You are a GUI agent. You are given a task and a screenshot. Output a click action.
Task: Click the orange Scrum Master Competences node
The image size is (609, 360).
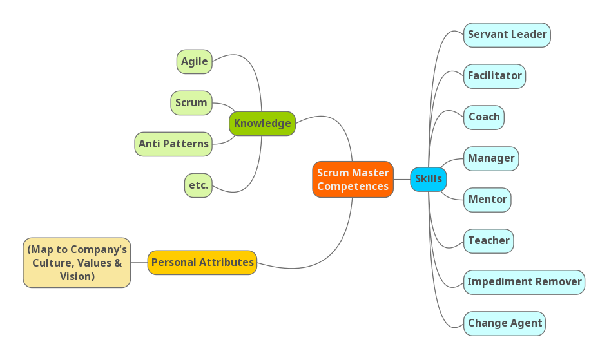(353, 179)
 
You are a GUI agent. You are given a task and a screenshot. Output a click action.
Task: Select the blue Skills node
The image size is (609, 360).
(429, 179)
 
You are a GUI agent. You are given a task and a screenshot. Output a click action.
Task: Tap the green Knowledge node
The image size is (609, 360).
(262, 124)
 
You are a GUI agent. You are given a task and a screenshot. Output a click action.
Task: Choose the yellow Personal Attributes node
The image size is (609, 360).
(202, 263)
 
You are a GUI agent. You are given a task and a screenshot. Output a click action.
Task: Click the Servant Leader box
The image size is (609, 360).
(507, 35)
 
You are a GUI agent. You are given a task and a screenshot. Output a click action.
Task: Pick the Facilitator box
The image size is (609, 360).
(494, 76)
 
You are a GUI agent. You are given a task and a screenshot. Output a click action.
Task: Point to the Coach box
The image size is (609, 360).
(484, 117)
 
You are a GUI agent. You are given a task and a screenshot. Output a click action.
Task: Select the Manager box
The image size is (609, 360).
(491, 158)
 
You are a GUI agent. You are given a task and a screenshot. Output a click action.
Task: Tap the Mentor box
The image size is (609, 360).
(487, 200)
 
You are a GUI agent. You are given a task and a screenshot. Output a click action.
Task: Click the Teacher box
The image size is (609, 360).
(488, 241)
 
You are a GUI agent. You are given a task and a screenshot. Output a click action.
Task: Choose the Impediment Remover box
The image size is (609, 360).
(524, 282)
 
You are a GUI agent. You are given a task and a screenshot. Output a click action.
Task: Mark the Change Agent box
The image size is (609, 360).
(505, 323)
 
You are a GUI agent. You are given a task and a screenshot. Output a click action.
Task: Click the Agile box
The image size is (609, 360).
(194, 62)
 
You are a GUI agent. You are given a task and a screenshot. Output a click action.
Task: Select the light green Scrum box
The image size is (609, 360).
(191, 103)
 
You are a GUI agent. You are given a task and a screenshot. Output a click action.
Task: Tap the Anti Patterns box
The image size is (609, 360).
(173, 144)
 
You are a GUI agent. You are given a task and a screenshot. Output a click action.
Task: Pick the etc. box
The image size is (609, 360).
(198, 185)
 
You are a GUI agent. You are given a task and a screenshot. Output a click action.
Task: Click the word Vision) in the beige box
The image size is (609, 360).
(77, 276)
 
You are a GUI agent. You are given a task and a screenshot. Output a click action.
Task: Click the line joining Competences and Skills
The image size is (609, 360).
(402, 179)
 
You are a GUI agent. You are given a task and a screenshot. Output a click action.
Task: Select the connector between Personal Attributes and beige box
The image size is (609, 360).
(139, 263)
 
